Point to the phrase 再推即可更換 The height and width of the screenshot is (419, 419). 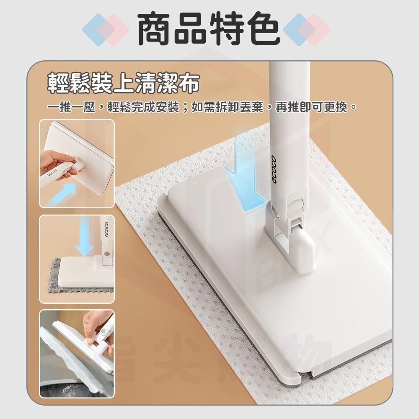point(312,108)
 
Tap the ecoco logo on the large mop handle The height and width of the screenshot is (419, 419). point(278,168)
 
